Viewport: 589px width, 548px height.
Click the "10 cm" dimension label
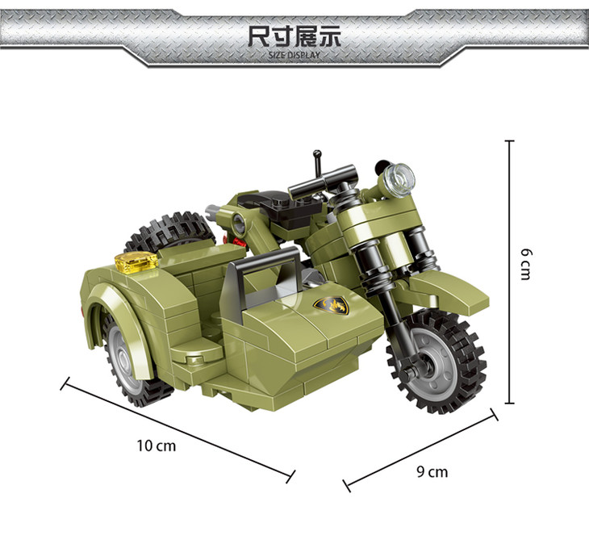(157, 446)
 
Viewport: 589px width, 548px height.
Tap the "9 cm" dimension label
(432, 471)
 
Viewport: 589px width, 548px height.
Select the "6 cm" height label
(526, 264)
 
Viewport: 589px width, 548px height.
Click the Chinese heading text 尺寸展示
(294, 36)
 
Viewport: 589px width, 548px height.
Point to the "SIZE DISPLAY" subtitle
(294, 55)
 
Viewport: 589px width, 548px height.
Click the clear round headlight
(399, 179)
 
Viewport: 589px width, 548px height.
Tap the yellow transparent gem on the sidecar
(136, 261)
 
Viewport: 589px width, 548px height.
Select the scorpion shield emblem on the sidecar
(332, 304)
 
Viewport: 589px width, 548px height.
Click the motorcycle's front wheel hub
(436, 364)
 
